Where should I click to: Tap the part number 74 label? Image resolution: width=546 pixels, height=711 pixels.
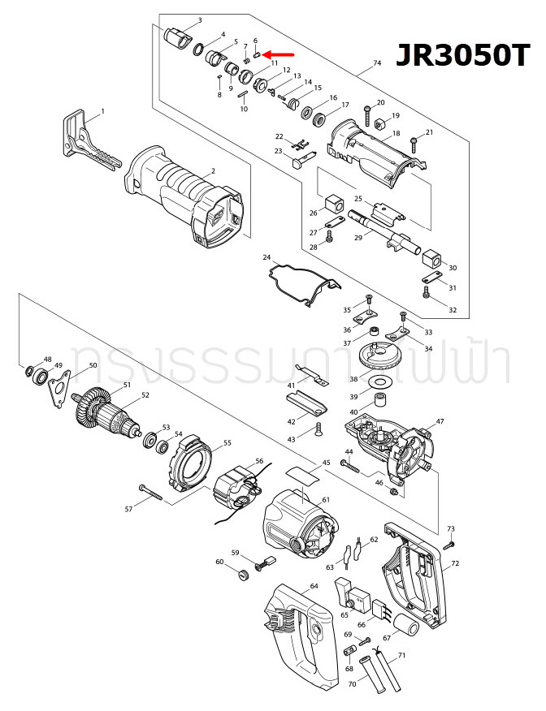(376, 63)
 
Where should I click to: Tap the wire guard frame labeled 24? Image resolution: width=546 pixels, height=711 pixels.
(301, 283)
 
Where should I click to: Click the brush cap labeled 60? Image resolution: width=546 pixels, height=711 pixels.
(240, 575)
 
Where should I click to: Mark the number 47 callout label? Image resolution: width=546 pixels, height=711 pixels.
(440, 422)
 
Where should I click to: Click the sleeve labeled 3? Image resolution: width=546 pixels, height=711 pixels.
(175, 37)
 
